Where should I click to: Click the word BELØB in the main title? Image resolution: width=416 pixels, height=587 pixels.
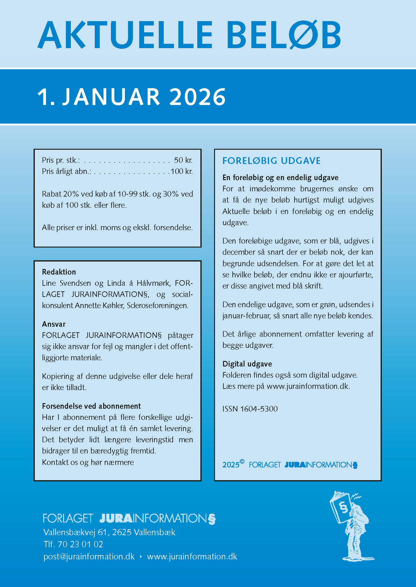[284, 35]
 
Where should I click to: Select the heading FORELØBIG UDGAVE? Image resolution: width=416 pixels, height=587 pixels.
[272, 161]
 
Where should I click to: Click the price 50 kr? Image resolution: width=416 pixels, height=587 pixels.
[183, 160]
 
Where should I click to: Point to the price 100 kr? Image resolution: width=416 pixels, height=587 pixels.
[182, 171]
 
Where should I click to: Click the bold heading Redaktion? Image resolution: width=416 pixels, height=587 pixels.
[59, 272]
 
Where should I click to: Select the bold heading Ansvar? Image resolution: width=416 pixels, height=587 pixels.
[54, 324]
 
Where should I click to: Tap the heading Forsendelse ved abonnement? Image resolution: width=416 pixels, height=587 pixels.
[91, 406]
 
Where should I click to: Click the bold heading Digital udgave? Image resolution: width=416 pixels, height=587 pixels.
[247, 364]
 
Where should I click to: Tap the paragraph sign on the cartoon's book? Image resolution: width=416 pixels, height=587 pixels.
[343, 507]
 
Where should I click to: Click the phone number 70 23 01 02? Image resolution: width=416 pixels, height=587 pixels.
[80, 544]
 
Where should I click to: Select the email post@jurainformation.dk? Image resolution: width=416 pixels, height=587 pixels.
[89, 557]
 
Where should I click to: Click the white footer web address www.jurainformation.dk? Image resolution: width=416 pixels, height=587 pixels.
[192, 557]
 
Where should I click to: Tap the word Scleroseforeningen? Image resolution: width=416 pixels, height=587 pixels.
[158, 306]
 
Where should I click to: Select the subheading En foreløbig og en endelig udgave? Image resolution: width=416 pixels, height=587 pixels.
[280, 178]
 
